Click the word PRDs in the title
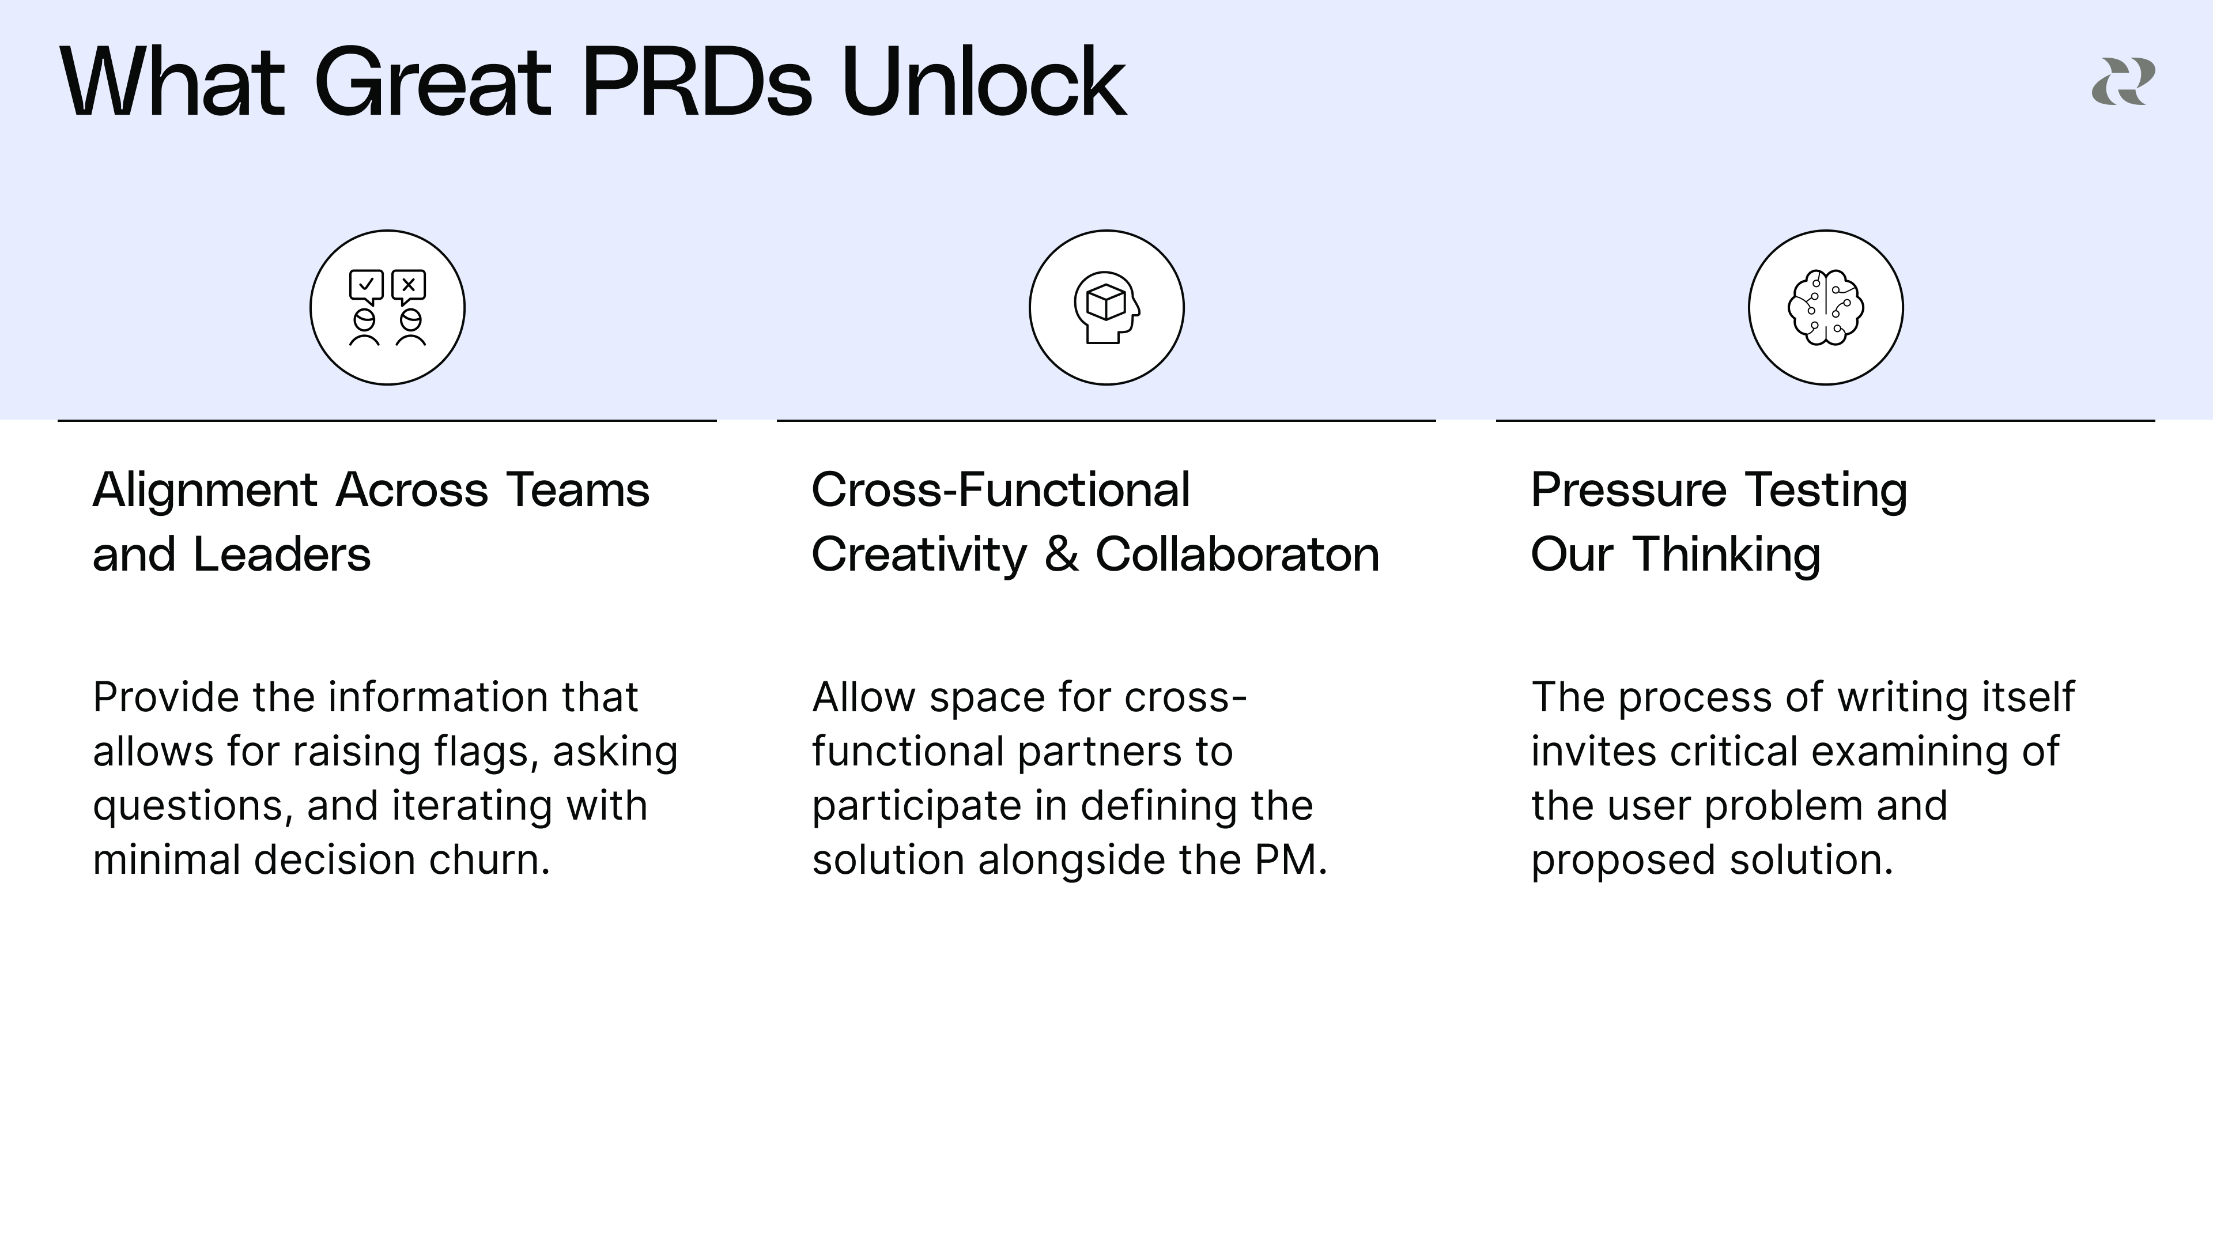[x=696, y=84]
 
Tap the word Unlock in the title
[x=984, y=84]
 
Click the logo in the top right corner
[x=2123, y=82]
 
